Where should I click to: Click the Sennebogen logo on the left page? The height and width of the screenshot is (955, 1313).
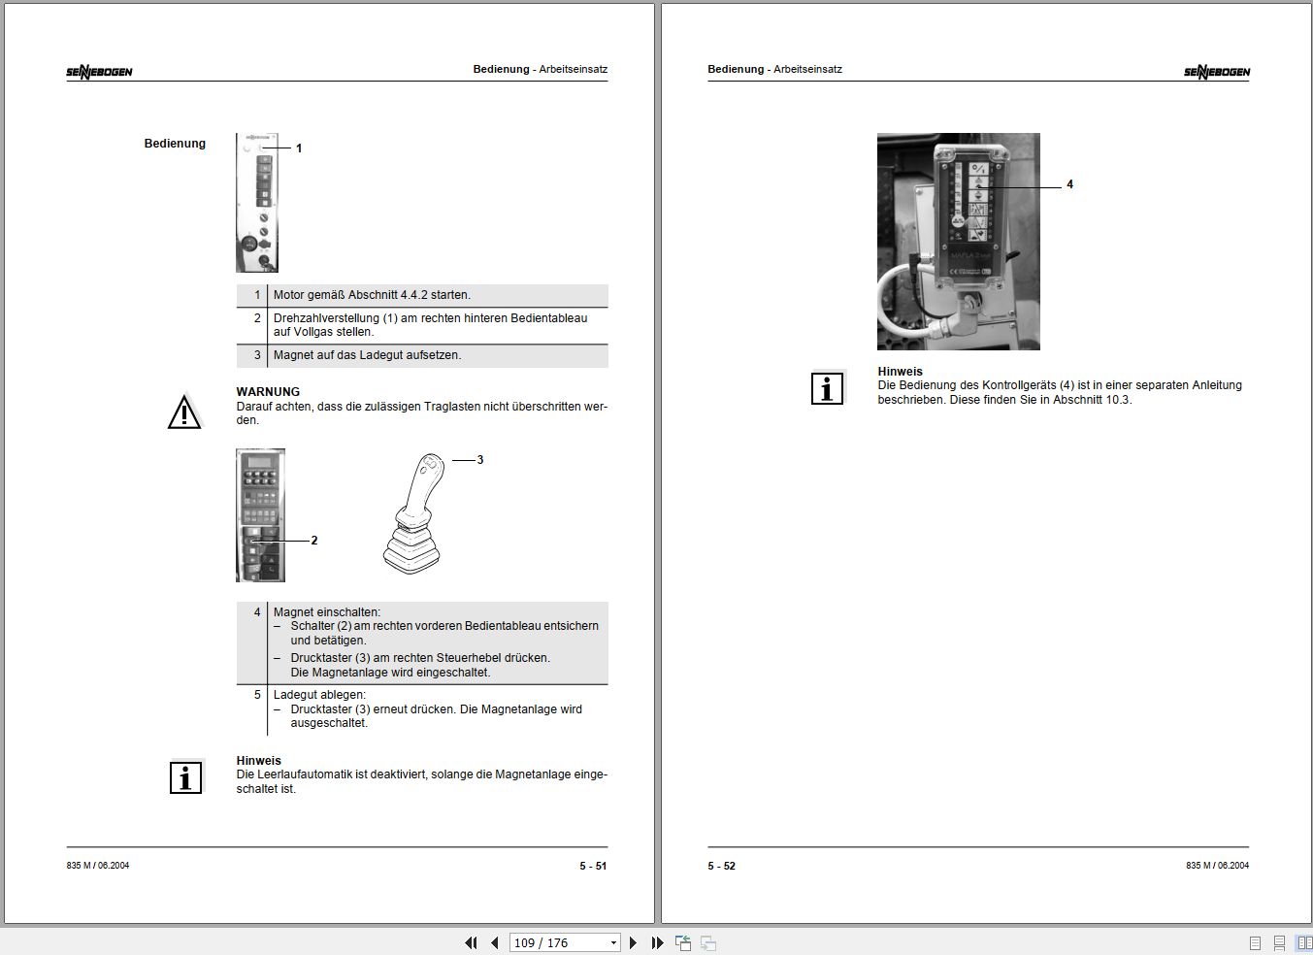99,72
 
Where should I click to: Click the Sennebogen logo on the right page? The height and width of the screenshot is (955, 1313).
1216,72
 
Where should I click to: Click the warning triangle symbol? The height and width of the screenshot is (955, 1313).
184,412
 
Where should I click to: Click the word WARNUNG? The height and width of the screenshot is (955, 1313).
268,392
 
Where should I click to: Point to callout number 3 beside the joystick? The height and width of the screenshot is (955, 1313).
479,460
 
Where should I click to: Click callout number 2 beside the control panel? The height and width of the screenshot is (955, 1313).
313,541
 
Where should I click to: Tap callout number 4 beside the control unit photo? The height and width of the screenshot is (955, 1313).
1069,184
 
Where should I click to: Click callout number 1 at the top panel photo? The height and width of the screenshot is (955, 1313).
299,148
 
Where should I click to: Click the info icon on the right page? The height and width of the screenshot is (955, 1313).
827,389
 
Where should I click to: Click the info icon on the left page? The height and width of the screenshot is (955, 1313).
185,777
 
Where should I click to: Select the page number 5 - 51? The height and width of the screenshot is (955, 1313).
593,866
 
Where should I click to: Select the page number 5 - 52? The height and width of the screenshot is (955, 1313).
721,866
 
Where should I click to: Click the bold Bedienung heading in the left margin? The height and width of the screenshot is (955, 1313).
175,144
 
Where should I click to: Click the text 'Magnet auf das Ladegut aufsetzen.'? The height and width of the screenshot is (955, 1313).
367,355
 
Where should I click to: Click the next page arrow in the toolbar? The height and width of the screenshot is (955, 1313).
633,942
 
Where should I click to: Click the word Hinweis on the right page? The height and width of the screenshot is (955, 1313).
900,372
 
